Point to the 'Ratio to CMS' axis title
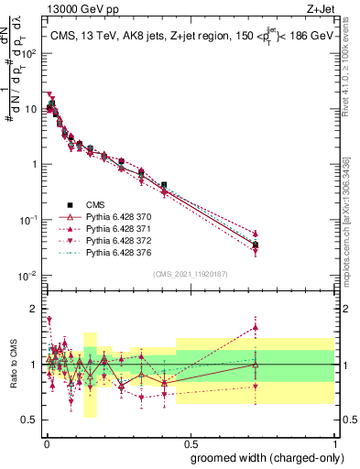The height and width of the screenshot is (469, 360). (x=13, y=365)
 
